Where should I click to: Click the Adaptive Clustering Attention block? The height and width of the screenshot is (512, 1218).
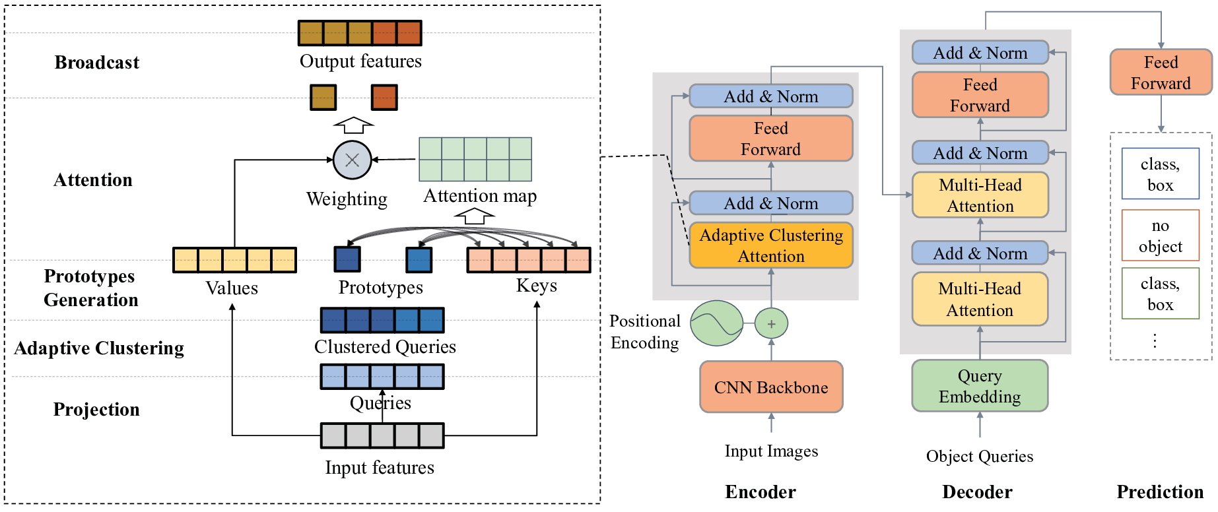click(771, 245)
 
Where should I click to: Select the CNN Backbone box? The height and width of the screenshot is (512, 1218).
click(771, 387)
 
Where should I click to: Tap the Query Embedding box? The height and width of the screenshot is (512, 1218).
click(980, 386)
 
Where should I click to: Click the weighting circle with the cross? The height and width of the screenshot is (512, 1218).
click(353, 160)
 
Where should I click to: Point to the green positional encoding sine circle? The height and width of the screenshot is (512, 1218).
click(717, 323)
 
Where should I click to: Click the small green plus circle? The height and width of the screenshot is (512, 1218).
click(771, 324)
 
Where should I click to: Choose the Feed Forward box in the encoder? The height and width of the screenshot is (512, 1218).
click(771, 139)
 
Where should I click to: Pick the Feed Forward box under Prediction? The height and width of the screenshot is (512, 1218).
click(1161, 72)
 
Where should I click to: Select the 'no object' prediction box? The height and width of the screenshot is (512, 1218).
click(1160, 236)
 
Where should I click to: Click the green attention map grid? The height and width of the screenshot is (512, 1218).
click(475, 159)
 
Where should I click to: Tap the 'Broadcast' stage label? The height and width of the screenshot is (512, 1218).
click(97, 63)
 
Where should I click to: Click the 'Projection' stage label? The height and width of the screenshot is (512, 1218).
click(96, 410)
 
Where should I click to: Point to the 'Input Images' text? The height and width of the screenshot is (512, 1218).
click(771, 451)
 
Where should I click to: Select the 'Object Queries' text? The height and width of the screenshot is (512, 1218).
click(980, 457)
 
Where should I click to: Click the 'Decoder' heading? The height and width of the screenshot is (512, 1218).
click(977, 492)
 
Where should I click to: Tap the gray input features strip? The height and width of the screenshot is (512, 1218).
click(382, 436)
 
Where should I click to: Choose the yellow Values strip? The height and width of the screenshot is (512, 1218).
click(234, 260)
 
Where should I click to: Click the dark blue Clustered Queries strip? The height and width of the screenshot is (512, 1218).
click(382, 320)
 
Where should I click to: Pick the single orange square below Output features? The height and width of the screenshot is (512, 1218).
click(384, 98)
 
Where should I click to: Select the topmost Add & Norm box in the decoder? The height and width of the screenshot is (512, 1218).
click(980, 53)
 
